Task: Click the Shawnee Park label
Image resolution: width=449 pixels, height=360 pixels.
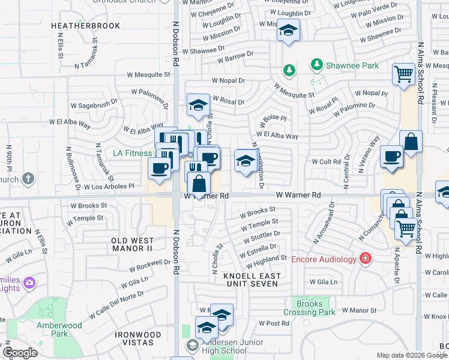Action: coord(352,65)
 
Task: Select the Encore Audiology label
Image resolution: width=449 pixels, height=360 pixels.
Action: coord(324,259)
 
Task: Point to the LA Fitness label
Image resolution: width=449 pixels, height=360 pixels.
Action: coord(133,153)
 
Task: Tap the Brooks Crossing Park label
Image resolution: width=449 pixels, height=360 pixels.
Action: coord(309,308)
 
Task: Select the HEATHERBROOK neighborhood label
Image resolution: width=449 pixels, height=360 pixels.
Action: coord(85,26)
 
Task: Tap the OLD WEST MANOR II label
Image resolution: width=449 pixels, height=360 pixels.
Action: coord(132,244)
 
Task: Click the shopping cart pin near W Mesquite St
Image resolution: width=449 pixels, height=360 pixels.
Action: coord(404,74)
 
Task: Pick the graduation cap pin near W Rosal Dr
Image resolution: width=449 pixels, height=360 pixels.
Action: coord(198,105)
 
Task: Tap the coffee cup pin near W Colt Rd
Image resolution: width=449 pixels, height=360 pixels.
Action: coord(391,157)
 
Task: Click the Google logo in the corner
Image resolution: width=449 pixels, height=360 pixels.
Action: coord(20,352)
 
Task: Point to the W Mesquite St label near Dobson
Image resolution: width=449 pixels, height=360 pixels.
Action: coord(148,75)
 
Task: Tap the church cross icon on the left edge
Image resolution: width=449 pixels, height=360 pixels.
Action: coord(28,178)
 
